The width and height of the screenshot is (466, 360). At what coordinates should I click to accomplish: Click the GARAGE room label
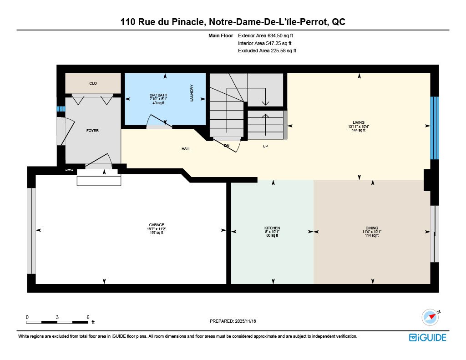157,225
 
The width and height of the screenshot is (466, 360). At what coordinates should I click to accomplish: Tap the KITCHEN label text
272,228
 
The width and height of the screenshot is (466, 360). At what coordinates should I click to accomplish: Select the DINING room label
372,228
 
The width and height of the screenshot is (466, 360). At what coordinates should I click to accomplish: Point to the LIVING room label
359,122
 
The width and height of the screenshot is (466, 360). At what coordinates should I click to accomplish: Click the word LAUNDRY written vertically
192,93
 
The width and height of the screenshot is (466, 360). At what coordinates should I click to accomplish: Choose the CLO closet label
93,84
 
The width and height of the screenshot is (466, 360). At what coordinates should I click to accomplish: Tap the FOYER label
92,131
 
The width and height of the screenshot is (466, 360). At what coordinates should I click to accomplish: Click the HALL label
186,149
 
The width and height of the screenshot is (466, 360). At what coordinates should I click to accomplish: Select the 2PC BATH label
158,95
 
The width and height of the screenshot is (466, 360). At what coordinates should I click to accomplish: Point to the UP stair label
265,146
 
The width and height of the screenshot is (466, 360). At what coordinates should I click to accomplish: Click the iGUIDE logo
428,337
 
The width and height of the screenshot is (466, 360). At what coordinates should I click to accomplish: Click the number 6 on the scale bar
88,317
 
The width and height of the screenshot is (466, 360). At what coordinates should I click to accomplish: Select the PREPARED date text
233,321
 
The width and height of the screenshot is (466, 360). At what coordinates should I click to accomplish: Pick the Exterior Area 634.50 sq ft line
265,35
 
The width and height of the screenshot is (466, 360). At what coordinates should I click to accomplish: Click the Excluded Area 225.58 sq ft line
267,51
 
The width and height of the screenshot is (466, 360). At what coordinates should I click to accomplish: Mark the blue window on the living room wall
435,128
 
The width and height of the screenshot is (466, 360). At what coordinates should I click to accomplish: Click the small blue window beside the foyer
61,109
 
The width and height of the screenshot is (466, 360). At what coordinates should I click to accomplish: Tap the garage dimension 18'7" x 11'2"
157,229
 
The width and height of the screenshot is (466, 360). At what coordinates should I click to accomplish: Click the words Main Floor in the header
221,35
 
